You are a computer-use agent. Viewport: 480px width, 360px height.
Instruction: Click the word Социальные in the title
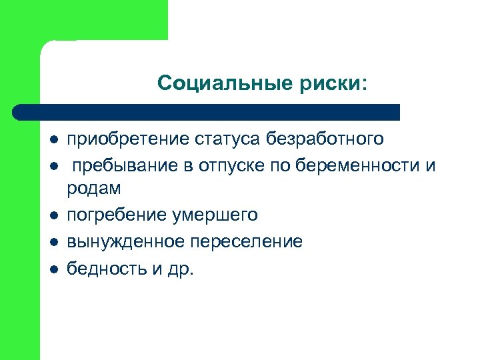[x=214, y=83]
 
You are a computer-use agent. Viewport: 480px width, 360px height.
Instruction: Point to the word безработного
[x=325, y=139]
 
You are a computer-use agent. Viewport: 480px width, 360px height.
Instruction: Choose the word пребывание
[x=123, y=165]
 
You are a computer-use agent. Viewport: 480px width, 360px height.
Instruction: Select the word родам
[x=94, y=189]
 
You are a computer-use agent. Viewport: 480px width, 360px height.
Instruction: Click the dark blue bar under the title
[x=207, y=111]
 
